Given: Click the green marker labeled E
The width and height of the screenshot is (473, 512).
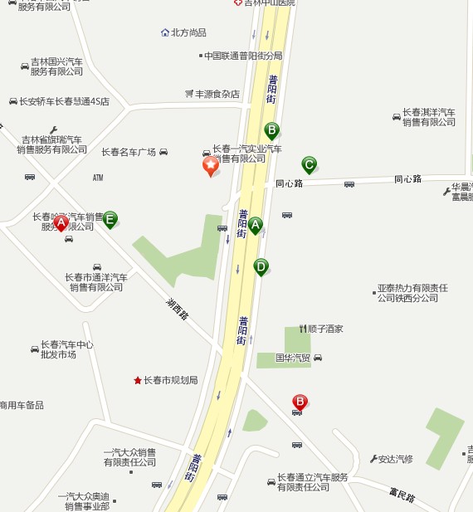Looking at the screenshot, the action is (110, 219).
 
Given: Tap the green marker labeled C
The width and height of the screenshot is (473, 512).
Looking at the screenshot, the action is (309, 164).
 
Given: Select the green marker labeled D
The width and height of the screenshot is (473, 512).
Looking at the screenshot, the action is (261, 266).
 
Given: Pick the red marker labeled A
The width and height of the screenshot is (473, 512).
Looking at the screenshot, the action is (61, 222).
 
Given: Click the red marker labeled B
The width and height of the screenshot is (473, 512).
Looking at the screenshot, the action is (300, 402).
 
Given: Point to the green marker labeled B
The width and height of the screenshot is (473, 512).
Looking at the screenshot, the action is (271, 129).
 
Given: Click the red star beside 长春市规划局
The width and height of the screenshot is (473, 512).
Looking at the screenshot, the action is (138, 380).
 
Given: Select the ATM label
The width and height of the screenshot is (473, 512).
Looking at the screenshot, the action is (98, 178).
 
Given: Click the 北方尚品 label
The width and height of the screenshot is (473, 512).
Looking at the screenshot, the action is (188, 32).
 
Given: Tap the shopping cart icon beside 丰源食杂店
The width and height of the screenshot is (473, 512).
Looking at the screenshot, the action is (189, 94).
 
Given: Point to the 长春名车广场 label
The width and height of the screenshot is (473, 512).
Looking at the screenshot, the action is (129, 152).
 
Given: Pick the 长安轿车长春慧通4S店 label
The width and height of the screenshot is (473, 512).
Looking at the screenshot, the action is (64, 101).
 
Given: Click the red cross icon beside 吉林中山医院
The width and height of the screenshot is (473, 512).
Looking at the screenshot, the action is (237, 3).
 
